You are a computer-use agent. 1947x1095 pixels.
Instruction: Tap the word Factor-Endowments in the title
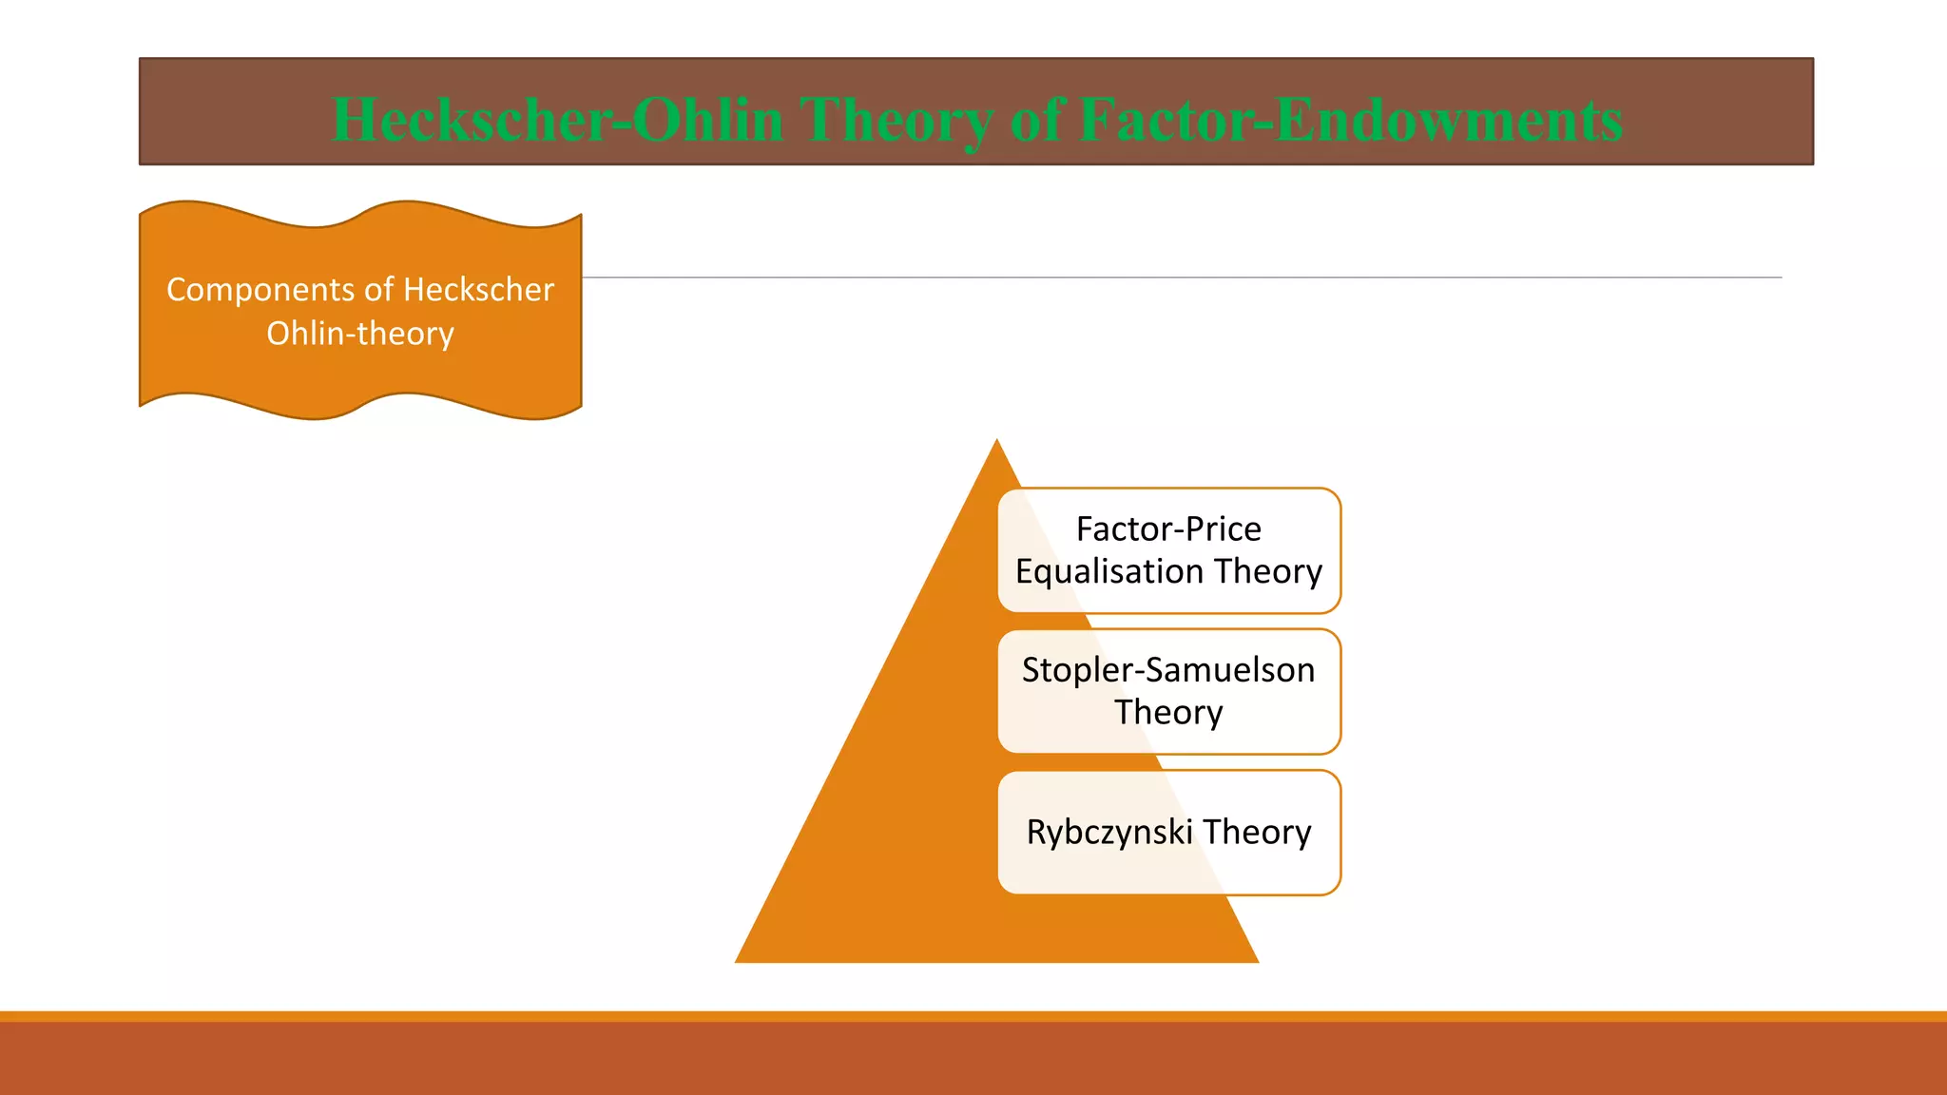[1351, 121]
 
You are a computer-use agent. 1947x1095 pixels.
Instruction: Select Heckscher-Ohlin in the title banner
[557, 121]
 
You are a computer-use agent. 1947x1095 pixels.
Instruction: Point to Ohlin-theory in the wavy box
[360, 334]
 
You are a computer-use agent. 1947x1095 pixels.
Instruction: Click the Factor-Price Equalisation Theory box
[1168, 550]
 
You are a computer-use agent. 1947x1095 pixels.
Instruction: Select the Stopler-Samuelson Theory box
[1168, 691]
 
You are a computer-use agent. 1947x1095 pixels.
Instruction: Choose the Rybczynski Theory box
[1168, 832]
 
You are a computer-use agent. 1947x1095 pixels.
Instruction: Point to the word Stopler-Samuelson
[1168, 670]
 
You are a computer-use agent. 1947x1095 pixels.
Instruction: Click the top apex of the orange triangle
[996, 442]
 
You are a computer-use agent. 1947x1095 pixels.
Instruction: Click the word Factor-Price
[1168, 528]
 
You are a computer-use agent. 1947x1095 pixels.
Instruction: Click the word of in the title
[1036, 121]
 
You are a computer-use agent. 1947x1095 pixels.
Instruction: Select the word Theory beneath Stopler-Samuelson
[1168, 712]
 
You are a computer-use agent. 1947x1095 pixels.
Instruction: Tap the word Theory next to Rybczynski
[1257, 832]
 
